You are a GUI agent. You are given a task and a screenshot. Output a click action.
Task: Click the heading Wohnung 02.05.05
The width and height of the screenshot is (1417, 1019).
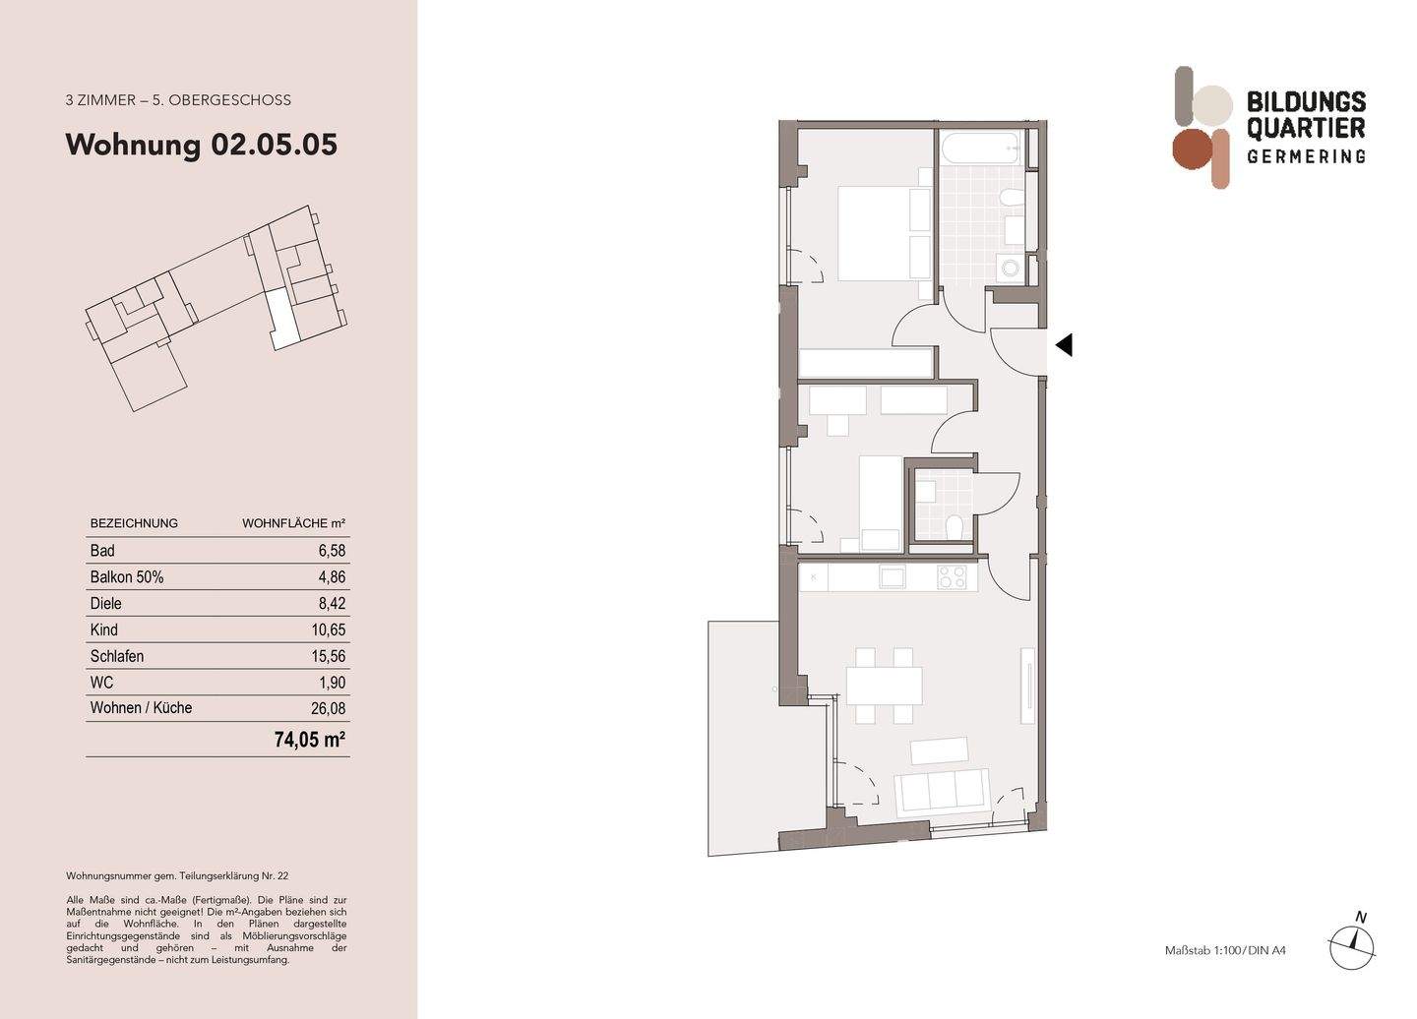201,145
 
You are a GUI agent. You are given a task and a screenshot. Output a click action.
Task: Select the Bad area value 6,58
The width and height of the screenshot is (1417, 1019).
331,551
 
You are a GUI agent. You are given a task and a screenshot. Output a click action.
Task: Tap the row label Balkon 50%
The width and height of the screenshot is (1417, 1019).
127,577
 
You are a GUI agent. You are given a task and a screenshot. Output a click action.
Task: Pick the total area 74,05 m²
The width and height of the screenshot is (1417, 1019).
310,740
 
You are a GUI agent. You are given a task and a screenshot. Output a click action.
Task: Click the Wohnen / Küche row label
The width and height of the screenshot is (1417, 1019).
141,708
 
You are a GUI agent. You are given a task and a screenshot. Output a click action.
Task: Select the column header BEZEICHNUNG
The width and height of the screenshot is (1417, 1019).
134,523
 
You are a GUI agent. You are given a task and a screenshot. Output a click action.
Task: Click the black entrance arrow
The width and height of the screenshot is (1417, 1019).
1063,345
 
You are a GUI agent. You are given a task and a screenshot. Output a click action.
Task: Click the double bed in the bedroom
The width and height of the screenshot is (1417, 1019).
883,233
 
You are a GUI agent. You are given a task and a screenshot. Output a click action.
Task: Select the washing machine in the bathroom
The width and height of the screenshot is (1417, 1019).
1009,267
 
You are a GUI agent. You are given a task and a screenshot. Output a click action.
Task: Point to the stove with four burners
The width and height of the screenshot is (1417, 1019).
951,577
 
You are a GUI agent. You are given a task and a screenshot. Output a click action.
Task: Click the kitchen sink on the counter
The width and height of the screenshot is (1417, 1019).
892,577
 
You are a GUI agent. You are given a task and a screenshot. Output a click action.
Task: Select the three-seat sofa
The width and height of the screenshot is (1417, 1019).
941,790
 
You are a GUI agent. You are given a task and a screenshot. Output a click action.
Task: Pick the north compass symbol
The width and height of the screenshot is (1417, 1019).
1354,943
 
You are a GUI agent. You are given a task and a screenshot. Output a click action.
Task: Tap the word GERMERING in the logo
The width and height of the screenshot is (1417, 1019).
1306,156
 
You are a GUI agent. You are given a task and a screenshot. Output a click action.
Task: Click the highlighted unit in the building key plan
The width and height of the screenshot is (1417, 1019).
281,319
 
